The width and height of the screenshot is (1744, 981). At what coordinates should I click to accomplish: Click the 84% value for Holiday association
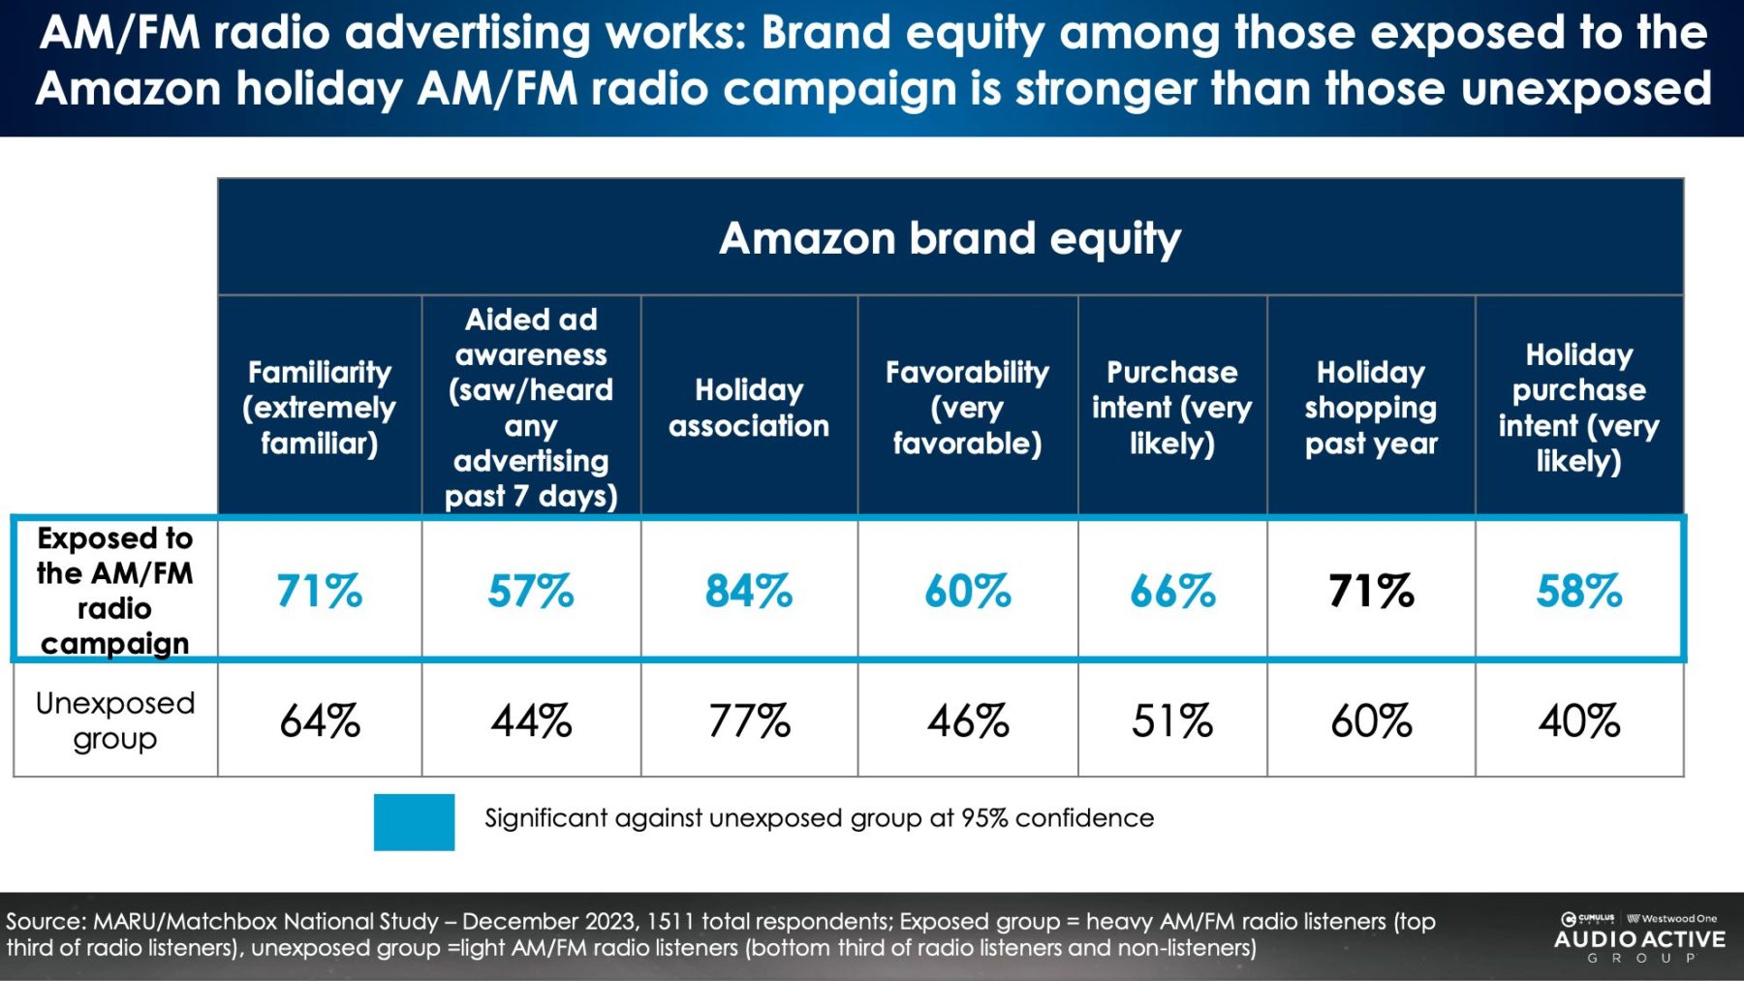748,591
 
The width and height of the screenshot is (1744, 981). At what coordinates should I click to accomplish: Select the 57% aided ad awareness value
530,591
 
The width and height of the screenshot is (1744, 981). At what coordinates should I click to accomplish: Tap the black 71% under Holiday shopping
1370,591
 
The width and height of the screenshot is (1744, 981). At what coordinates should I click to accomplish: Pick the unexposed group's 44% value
531,721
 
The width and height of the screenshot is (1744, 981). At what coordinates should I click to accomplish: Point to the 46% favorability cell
967,721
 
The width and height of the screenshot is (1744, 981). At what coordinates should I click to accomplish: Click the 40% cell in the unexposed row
1578,721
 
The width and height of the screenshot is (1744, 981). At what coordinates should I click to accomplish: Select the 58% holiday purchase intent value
1578,591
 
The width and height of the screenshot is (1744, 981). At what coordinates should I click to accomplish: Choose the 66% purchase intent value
1172,591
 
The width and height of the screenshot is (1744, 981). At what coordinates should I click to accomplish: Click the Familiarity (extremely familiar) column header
319,408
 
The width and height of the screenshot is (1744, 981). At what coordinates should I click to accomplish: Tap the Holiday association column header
748,408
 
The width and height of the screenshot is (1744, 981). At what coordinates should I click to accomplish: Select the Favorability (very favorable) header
967,408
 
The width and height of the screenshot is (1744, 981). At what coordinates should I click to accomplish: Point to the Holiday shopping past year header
1370,408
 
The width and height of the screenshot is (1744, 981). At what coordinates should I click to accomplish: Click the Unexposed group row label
114,720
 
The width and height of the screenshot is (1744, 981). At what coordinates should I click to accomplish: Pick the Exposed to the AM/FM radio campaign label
114,591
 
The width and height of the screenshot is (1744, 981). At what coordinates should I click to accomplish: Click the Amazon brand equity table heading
950,238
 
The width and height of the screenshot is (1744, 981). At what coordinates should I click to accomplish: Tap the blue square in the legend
414,822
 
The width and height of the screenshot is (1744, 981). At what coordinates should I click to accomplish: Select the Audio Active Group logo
1639,938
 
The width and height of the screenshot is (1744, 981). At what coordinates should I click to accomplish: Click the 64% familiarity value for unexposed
319,721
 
